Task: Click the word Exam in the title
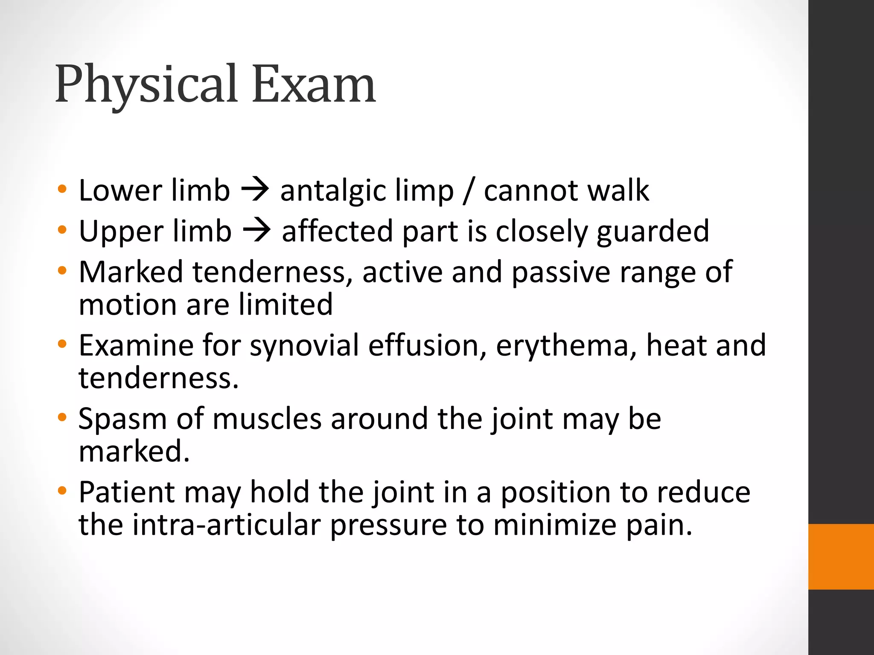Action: [x=314, y=84]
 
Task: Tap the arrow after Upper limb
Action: [x=256, y=231]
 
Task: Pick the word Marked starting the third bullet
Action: [x=131, y=272]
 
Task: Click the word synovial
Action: [x=304, y=345]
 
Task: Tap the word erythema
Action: [x=562, y=345]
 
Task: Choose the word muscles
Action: [x=267, y=419]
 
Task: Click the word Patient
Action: [x=127, y=493]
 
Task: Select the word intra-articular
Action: [x=226, y=525]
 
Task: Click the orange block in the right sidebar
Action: [x=841, y=556]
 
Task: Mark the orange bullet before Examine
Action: [x=62, y=344]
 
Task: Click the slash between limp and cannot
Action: [x=469, y=191]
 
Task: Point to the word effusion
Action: [x=427, y=345]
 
